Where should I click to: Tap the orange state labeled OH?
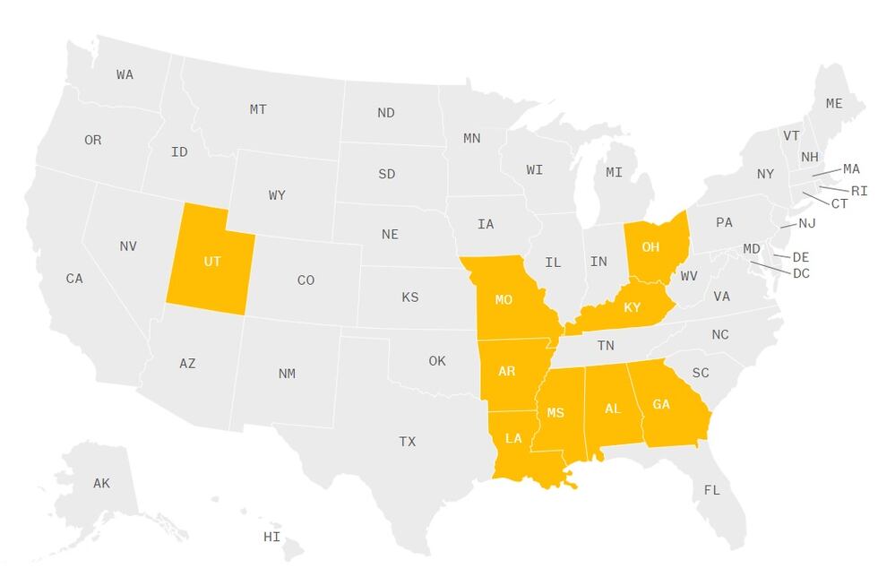(652, 248)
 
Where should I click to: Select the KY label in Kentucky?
(633, 308)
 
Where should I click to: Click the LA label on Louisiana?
(513, 439)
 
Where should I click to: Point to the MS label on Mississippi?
(555, 413)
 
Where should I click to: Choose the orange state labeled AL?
(613, 409)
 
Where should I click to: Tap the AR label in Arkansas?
(506, 372)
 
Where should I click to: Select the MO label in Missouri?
(504, 300)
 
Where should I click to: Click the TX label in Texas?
(408, 442)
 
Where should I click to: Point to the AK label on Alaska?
(101, 484)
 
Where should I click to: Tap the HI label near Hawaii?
(271, 538)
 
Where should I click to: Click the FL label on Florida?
(711, 491)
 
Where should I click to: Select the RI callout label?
(859, 191)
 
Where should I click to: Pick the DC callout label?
(801, 273)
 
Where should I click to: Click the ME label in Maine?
(834, 104)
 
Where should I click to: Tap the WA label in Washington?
(125, 75)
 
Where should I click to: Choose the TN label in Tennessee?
(606, 345)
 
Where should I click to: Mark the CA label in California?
(74, 280)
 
